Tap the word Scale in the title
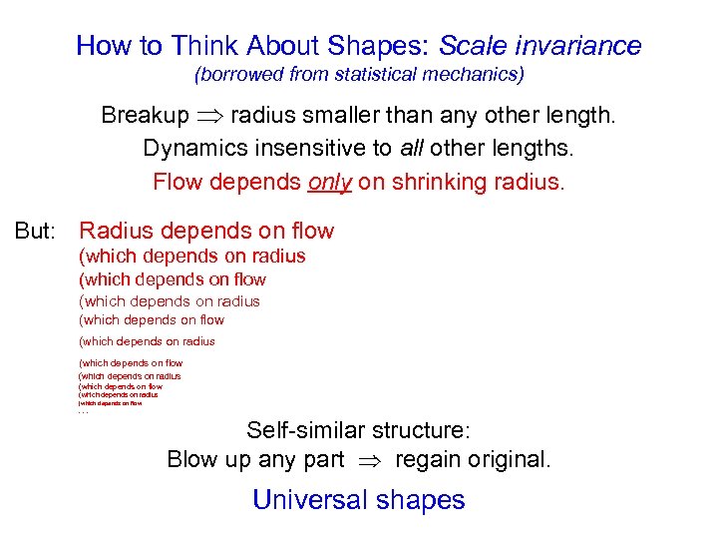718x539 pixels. [474, 46]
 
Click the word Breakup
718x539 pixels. [144, 116]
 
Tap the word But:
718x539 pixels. [36, 232]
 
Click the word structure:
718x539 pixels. [423, 431]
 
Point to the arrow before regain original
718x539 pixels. [370, 461]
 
